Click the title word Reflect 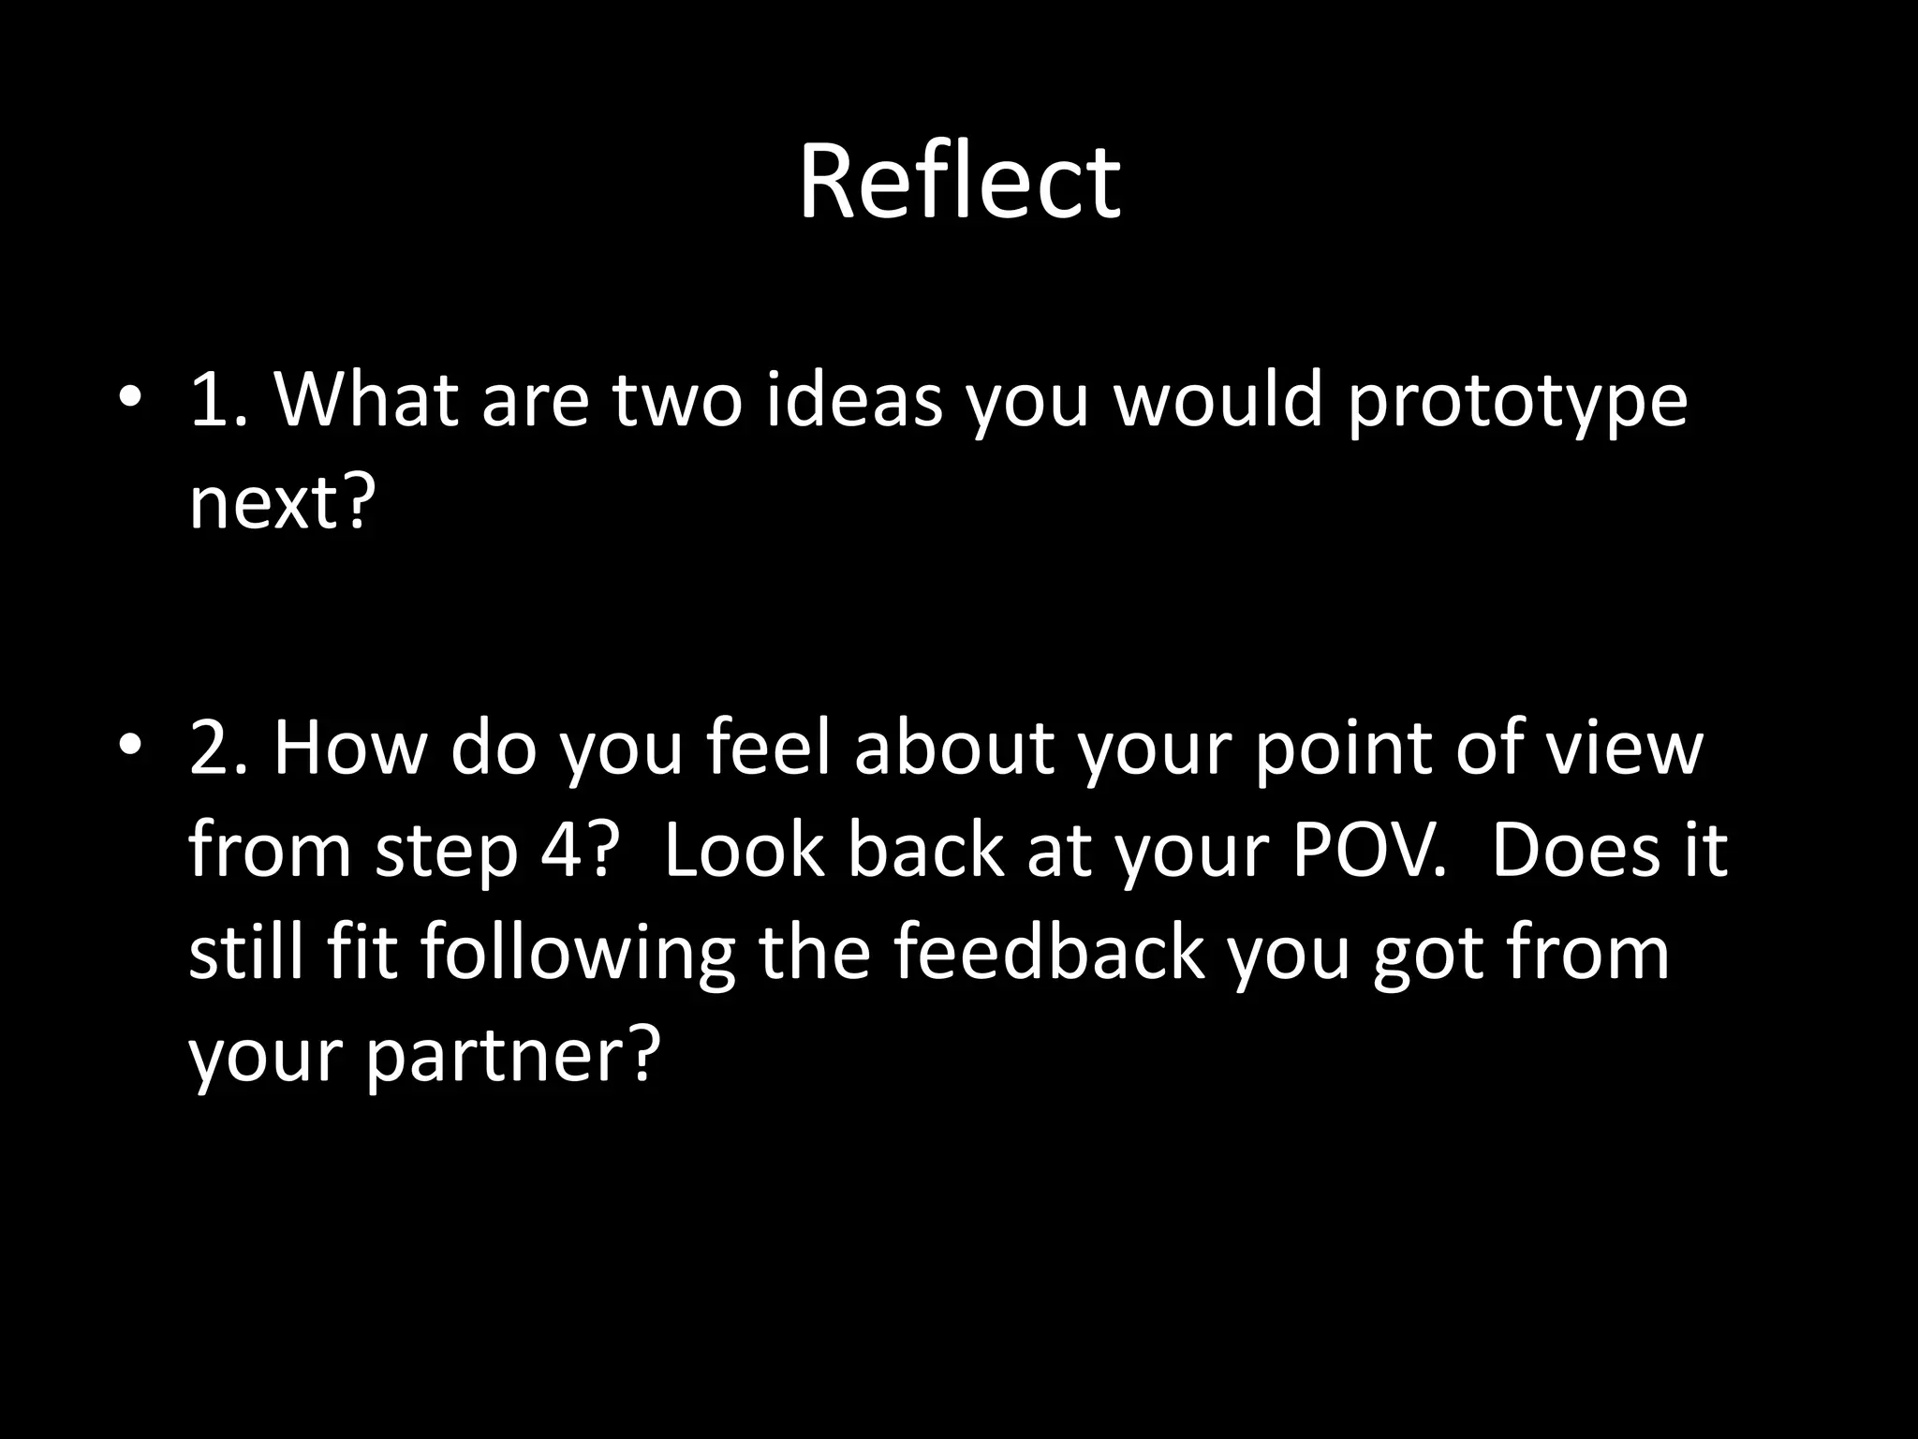[x=958, y=182]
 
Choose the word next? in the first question [x=282, y=503]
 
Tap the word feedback [x=1049, y=954]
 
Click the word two [x=677, y=399]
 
